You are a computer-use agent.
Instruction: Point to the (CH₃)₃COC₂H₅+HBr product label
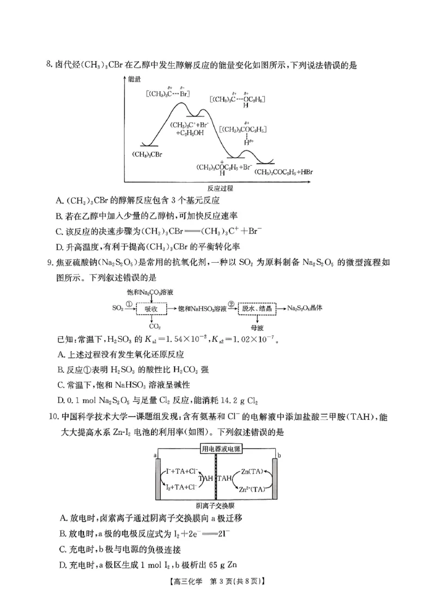click(287, 172)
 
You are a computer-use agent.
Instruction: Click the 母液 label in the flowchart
click(258, 328)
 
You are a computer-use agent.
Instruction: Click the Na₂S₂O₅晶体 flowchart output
click(305, 308)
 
